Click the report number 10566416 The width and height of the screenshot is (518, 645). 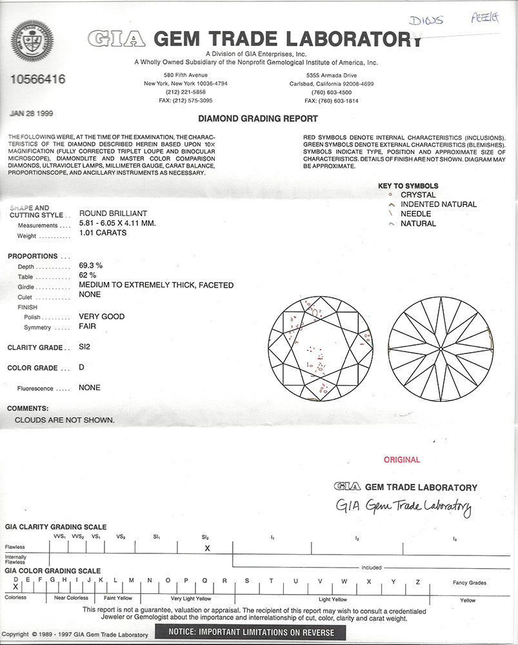tap(38, 79)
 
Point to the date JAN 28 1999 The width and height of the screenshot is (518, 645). tap(32, 114)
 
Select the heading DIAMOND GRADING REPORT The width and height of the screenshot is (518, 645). tap(257, 119)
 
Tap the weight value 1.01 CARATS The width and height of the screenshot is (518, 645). tap(103, 233)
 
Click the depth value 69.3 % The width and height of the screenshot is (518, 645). tap(91, 265)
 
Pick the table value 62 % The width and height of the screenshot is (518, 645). tap(87, 275)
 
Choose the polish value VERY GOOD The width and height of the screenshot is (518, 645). tap(101, 317)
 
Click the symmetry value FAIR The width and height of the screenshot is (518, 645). tap(88, 327)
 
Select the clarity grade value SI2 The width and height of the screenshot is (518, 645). tap(85, 347)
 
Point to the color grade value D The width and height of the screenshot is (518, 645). tap(81, 367)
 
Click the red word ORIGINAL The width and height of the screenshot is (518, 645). tap(401, 460)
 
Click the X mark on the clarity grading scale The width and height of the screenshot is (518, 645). tap(207, 548)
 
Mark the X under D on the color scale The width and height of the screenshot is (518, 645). tap(15, 587)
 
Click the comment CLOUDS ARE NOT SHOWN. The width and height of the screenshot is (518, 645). tap(65, 420)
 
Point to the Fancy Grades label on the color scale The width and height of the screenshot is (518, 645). tap(469, 582)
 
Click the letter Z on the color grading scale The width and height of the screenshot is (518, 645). tap(417, 581)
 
